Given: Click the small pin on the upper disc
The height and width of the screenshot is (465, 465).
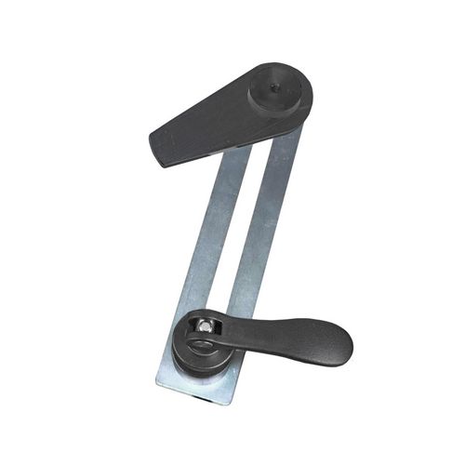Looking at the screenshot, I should [271, 89].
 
